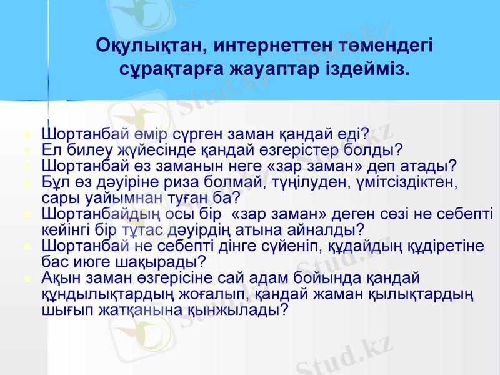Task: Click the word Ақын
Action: click(61, 278)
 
